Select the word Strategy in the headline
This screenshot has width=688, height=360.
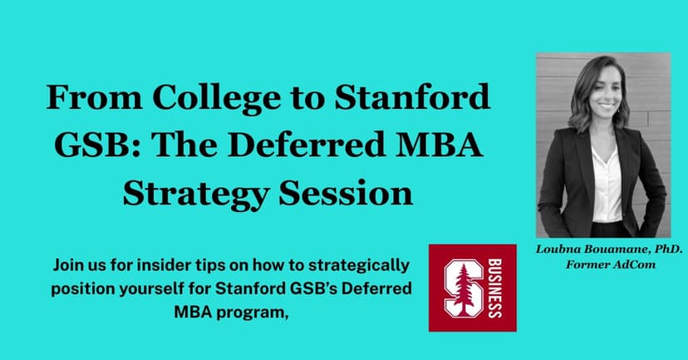coord(195,193)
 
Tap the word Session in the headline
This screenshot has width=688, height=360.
coord(346,192)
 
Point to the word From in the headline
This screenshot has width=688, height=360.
coord(95,97)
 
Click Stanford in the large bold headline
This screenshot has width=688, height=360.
coord(412,96)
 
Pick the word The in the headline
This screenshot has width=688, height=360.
coord(184,145)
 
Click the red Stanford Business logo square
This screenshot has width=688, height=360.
coord(473,288)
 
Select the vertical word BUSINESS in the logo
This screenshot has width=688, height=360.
coord(495,288)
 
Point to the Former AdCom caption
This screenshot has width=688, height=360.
coord(611,264)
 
